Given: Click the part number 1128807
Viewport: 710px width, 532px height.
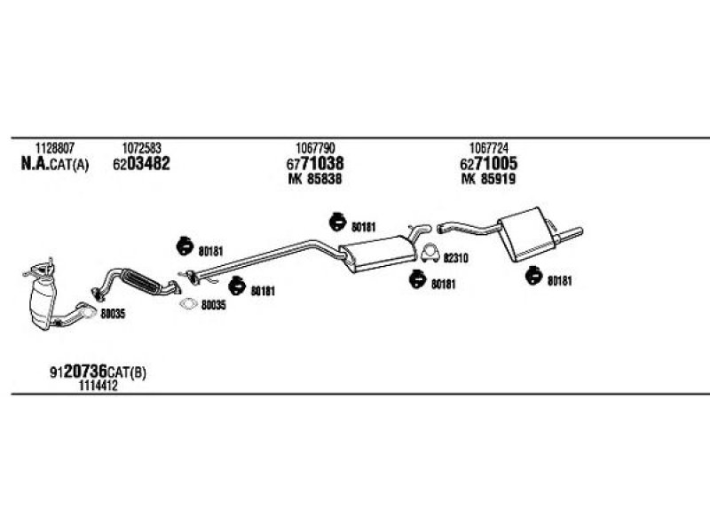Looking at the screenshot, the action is pos(55,148).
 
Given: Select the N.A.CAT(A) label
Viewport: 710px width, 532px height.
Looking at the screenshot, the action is pos(55,164).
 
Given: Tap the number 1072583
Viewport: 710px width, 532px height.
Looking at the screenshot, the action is pos(141,148).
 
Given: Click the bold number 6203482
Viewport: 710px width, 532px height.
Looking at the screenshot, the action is pos(141,163).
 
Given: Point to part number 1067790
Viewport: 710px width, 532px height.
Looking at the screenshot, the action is pos(315,148).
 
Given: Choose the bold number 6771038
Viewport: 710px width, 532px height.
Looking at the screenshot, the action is pos(315,163).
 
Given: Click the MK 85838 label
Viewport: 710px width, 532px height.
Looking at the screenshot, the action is pos(315,179).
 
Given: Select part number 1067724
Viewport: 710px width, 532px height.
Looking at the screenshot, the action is pos(489,148).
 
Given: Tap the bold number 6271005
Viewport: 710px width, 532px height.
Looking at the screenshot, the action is pos(489,163).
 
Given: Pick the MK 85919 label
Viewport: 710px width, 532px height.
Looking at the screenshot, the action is pos(489,179).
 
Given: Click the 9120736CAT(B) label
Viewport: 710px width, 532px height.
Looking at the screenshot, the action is pos(98,372).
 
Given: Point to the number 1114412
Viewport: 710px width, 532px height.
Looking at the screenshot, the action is pos(99,386).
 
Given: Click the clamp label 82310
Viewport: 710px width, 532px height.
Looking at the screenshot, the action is pos(455,258).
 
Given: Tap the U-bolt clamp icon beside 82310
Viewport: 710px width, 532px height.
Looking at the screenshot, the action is pos(430,254).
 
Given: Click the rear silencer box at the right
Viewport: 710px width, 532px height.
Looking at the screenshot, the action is pos(527,234).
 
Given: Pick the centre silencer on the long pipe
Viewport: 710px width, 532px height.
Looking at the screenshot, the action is pos(377,254).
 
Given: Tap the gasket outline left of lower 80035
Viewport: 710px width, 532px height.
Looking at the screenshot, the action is pos(189,304).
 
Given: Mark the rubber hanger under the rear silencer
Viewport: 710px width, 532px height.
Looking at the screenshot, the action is pos(534,277).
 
